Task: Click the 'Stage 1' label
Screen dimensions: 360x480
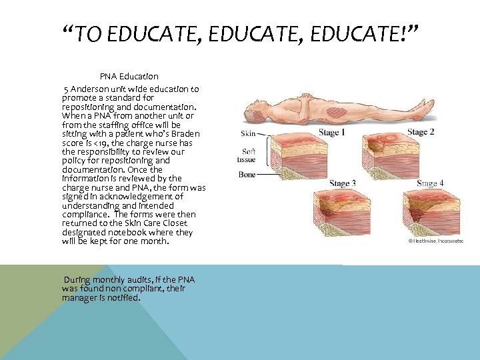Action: tap(331, 132)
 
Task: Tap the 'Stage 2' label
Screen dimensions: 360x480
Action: tap(421, 132)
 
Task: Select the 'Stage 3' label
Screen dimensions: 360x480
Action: tap(342, 183)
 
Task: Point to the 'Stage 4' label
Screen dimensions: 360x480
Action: tap(429, 183)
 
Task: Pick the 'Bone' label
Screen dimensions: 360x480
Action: tap(247, 175)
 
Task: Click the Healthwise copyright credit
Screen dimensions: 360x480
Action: tap(434, 240)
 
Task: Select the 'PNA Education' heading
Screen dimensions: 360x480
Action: tap(129, 76)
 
